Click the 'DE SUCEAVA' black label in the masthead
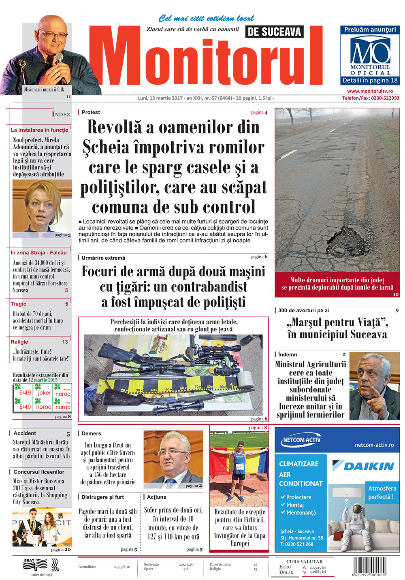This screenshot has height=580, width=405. pyautogui.click(x=274, y=32)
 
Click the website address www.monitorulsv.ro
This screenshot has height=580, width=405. pyautogui.click(x=370, y=92)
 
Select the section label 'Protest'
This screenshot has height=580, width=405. pyautogui.click(x=91, y=112)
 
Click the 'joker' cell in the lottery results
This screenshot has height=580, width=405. pyautogui.click(x=44, y=392)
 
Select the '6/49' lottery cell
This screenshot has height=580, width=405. pyautogui.click(x=25, y=392)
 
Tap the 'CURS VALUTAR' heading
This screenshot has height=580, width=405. pyautogui.click(x=304, y=561)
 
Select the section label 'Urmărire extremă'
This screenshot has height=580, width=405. pyautogui.click(x=103, y=258)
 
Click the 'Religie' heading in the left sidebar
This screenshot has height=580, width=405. pyautogui.click(x=19, y=342)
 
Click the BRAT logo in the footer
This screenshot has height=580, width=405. pyautogui.click(x=29, y=561)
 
